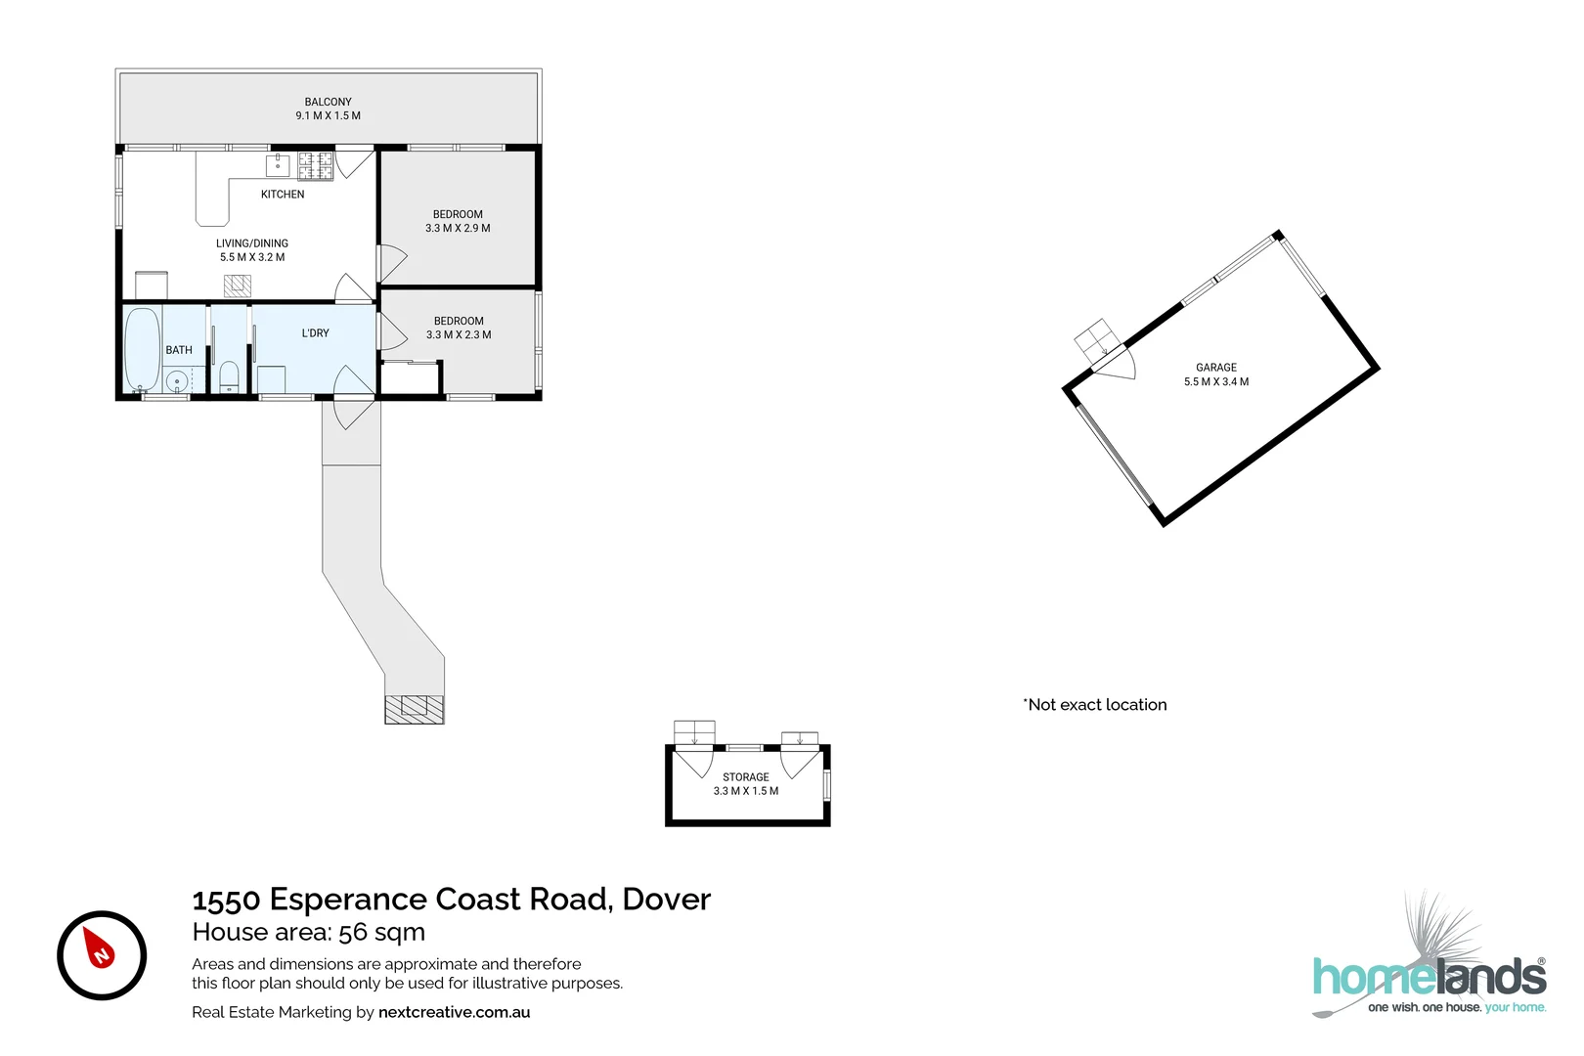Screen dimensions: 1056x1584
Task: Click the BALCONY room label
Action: [x=328, y=102]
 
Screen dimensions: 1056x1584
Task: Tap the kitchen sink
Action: [x=278, y=164]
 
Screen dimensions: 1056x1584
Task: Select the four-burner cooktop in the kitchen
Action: [x=315, y=166]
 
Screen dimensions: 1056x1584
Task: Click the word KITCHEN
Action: [x=283, y=195]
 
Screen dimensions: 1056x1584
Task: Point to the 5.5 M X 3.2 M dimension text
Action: [x=252, y=257]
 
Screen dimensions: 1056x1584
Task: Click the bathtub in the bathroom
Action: [x=142, y=349]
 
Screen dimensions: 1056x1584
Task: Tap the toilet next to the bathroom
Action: [x=229, y=375]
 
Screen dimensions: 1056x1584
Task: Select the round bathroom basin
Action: [x=177, y=380]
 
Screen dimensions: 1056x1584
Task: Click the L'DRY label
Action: [x=315, y=333]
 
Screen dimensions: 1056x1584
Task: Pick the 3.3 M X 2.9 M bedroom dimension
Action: [x=458, y=228]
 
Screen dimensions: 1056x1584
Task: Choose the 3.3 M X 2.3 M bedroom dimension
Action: [x=459, y=334]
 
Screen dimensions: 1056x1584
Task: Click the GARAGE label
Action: [x=1216, y=368]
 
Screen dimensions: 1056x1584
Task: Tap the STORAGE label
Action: [x=746, y=777]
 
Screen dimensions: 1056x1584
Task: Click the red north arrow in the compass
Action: [x=99, y=948]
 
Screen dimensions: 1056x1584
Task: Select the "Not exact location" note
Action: [x=1096, y=705]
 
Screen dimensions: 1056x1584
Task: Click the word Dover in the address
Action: [x=667, y=899]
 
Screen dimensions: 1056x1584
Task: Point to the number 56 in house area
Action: [x=353, y=932]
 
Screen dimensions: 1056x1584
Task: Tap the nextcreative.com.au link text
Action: [x=454, y=1012]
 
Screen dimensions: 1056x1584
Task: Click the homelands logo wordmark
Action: [x=1429, y=978]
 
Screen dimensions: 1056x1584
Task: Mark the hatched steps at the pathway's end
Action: [x=415, y=709]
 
